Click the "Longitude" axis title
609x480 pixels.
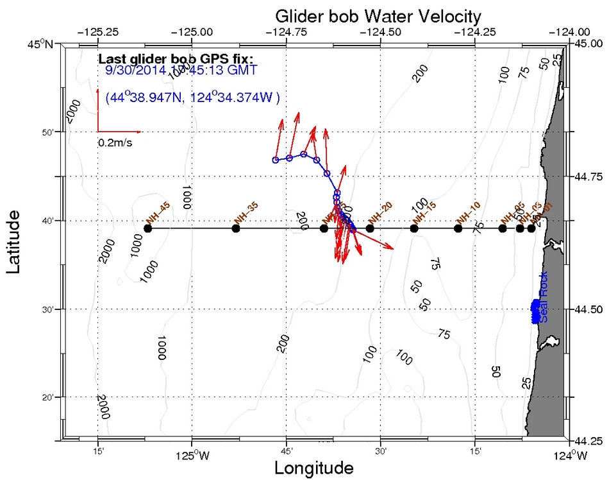[313, 468]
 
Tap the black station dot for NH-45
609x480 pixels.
[148, 228]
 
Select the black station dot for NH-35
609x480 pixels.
[236, 228]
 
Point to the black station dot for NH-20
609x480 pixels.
[370, 228]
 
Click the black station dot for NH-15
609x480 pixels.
[414, 228]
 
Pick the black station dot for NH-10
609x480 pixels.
[458, 228]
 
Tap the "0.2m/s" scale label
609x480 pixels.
[115, 142]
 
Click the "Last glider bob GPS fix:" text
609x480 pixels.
[176, 59]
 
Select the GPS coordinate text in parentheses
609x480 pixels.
[192, 98]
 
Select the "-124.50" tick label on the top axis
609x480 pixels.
[381, 31]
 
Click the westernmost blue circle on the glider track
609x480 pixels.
[276, 160]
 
